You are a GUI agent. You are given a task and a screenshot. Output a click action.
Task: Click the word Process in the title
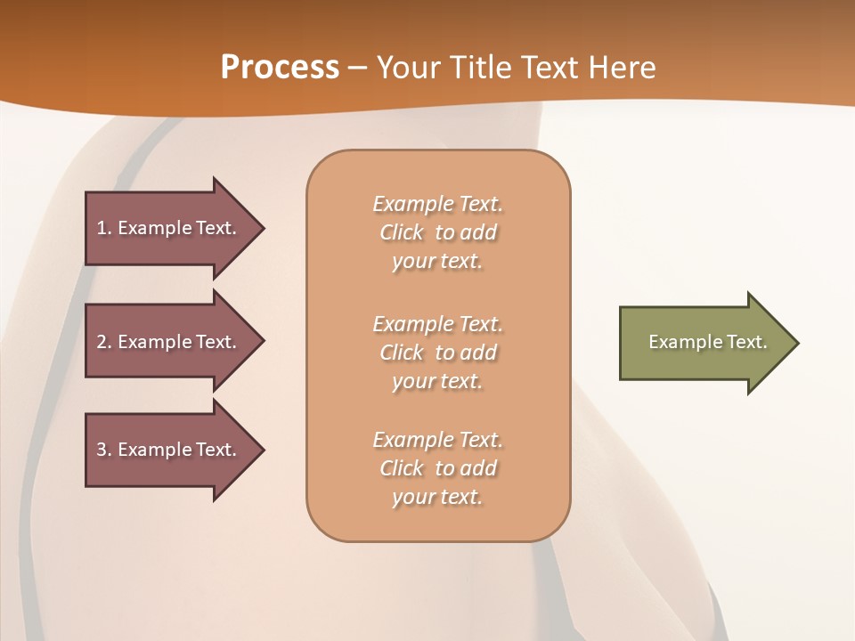point(280,68)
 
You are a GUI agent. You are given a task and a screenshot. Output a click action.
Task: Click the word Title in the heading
point(479,68)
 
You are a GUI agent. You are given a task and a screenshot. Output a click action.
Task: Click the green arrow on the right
point(704,343)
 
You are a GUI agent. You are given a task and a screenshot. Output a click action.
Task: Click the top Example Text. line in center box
point(438,204)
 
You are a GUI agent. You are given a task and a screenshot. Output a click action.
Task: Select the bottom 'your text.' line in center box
point(437,497)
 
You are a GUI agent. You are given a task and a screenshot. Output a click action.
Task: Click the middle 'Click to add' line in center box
point(438,353)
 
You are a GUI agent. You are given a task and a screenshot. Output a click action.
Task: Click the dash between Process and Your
point(358,68)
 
